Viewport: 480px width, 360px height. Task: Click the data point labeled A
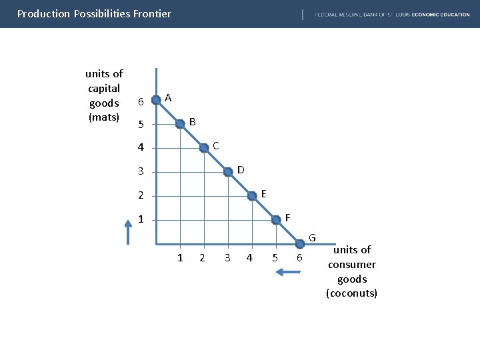[x=156, y=100]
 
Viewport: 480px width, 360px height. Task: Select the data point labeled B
[x=180, y=124]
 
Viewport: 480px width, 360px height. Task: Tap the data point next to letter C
[x=204, y=149]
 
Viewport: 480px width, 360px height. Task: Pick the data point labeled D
[x=228, y=172]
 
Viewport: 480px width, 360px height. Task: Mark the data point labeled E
[x=252, y=196]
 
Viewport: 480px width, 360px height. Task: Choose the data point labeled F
[x=276, y=219]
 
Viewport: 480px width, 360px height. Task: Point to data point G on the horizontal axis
[x=300, y=243]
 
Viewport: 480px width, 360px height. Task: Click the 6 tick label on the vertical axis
[x=140, y=101]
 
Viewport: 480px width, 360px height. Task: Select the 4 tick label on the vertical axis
[x=140, y=148]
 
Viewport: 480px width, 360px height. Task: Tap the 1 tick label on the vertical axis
[x=140, y=220]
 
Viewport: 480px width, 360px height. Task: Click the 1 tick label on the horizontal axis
[x=180, y=258]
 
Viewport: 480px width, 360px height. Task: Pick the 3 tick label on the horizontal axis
[x=227, y=258]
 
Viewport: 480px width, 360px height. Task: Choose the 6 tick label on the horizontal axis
[x=300, y=258]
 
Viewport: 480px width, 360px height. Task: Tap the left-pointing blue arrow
[x=289, y=272]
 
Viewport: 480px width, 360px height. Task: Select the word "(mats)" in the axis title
[x=103, y=117]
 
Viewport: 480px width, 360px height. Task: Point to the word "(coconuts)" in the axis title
[x=351, y=293]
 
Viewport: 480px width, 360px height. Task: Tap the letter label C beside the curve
[x=215, y=145]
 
